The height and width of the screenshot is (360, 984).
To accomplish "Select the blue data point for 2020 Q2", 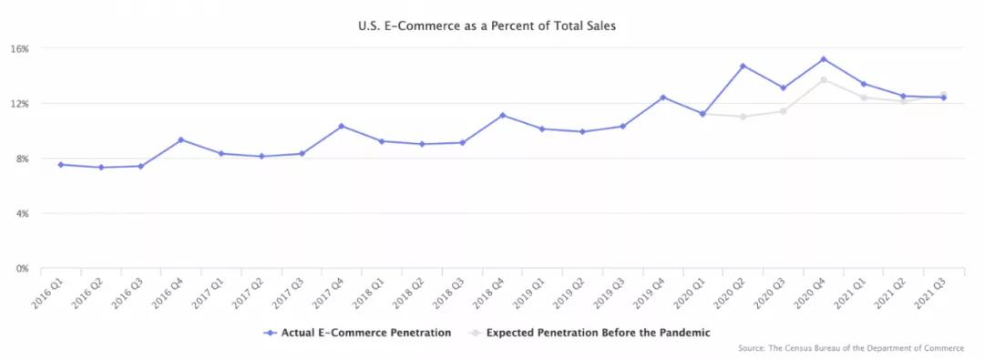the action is pos(743,66).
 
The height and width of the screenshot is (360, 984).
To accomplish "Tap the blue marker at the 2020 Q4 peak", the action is pos(824,59).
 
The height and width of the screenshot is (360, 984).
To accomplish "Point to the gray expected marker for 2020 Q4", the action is pos(824,80).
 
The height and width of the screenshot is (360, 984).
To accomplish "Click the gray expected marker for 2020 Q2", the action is pos(743,117).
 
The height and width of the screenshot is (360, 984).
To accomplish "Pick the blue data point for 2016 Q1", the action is pos(60,165).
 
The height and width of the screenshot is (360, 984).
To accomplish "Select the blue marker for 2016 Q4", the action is pos(180,139).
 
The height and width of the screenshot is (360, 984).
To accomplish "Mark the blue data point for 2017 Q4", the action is pos(342,127).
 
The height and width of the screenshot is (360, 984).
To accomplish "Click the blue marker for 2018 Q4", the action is pos(502,115).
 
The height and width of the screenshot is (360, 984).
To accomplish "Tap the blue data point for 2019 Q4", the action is pos(662,98).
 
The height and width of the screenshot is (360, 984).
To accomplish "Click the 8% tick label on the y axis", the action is pos(22,159).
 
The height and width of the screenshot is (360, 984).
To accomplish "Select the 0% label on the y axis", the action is pos(22,269).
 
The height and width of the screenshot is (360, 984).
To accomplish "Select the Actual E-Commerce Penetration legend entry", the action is pos(357,333).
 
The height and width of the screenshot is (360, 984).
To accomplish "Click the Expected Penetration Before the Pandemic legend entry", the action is pos(589,333).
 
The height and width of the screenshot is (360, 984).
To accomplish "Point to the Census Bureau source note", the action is pos(851,347).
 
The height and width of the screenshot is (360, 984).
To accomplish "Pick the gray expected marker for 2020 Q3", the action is pos(784,111).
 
